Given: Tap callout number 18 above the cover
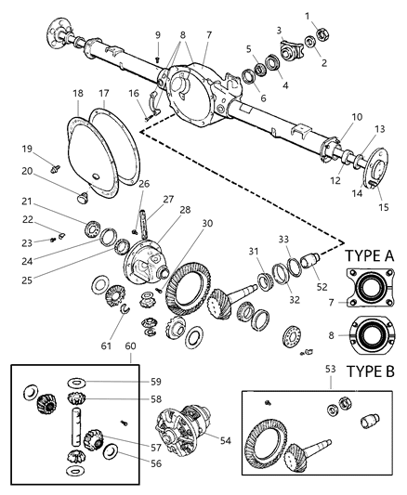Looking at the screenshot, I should (x=78, y=94).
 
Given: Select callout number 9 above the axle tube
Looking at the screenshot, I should (x=157, y=36).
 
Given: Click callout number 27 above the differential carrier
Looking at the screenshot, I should (x=168, y=200).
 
